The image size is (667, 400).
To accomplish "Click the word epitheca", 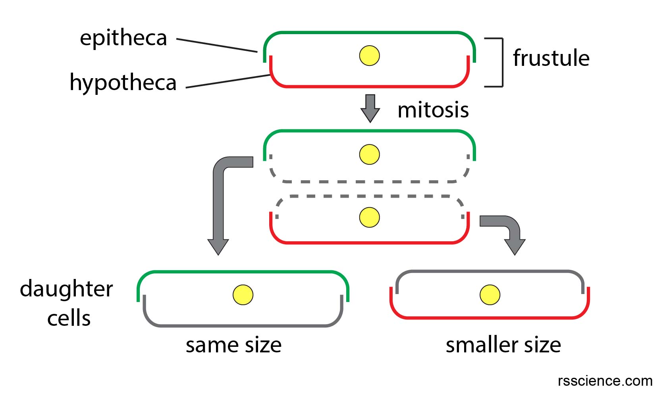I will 123,38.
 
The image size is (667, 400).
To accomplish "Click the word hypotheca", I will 123,83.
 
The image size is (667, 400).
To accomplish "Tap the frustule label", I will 551,58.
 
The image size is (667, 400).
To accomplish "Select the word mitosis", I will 433,110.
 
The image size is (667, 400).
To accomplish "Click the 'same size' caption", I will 233,345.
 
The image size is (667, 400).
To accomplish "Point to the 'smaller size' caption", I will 503,345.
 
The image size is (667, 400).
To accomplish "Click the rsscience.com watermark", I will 605,381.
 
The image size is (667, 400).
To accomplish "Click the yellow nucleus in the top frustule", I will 369,56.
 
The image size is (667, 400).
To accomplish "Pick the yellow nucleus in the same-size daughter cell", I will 243,295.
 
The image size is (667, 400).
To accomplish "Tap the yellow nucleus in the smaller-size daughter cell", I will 490,295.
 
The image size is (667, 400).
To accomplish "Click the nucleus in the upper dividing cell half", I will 369,154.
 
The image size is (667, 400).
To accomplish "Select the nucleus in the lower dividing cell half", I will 369,217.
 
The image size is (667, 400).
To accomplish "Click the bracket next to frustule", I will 502,62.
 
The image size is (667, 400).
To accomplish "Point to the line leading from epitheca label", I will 217,45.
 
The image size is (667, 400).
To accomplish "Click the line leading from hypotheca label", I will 228,81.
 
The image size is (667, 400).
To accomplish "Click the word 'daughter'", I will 66,289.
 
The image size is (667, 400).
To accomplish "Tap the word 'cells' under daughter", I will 69,318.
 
